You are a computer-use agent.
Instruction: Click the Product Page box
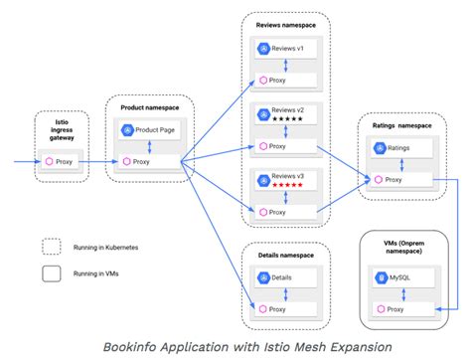pos(150,130)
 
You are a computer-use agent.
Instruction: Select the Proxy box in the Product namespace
pos(150,160)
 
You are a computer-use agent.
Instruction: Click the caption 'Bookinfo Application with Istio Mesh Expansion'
pos(235,345)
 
